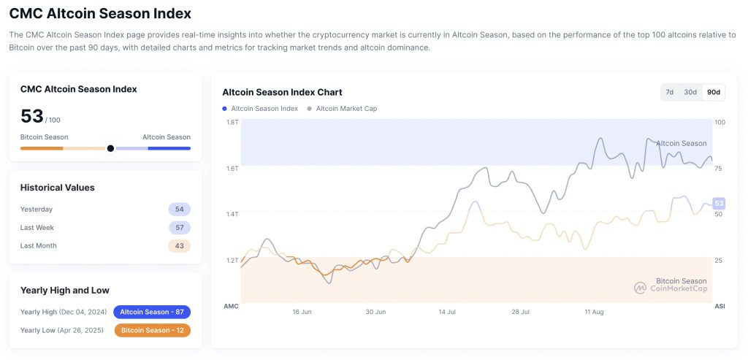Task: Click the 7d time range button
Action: pyautogui.click(x=669, y=92)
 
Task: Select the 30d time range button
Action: pyautogui.click(x=690, y=92)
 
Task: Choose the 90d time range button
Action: pyautogui.click(x=713, y=92)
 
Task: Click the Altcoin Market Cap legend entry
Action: pyautogui.click(x=346, y=109)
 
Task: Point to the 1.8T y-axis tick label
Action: pyautogui.click(x=232, y=122)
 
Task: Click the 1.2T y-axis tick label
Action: pyautogui.click(x=232, y=261)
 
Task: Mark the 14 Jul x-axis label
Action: pyautogui.click(x=447, y=312)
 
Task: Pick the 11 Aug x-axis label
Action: pyautogui.click(x=594, y=312)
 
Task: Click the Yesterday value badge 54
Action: pyautogui.click(x=179, y=210)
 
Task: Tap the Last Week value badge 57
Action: pyautogui.click(x=179, y=228)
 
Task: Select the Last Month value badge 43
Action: pyautogui.click(x=179, y=246)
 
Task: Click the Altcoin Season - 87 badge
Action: pyautogui.click(x=152, y=312)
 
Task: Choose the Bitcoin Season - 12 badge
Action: pyautogui.click(x=152, y=330)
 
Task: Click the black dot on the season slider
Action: pyautogui.click(x=110, y=148)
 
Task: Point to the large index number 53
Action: pyautogui.click(x=32, y=116)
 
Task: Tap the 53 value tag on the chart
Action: pyautogui.click(x=719, y=203)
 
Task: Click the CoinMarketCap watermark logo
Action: pyautogui.click(x=640, y=288)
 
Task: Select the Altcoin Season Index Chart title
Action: pyautogui.click(x=282, y=92)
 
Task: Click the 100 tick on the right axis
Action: pyautogui.click(x=720, y=122)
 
